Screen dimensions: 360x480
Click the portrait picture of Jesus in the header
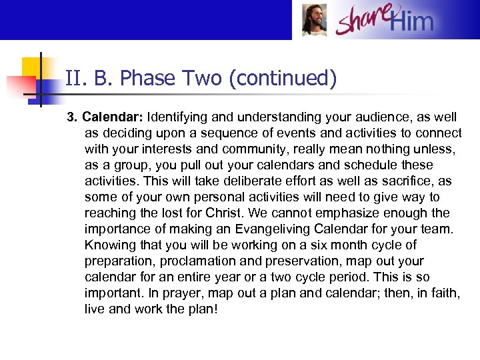click(314, 20)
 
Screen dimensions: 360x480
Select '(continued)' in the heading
click(283, 79)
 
